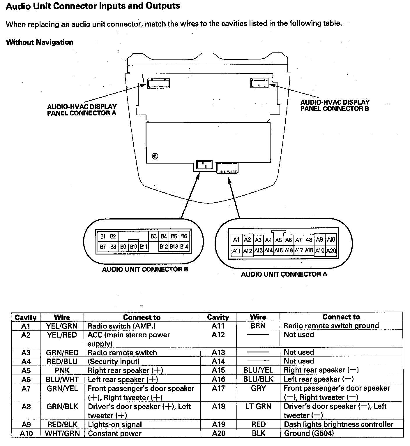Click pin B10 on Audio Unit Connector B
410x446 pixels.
pyautogui.click(x=133, y=247)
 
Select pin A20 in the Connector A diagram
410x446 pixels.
pyautogui.click(x=331, y=251)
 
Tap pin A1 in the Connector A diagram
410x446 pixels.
pyautogui.click(x=236, y=240)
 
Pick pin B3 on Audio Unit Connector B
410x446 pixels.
pyautogui.click(x=154, y=236)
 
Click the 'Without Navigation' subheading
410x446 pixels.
pyautogui.click(x=40, y=42)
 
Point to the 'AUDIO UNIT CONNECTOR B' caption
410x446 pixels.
pyautogui.click(x=145, y=269)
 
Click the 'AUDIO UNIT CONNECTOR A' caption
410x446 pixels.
pyautogui.click(x=284, y=274)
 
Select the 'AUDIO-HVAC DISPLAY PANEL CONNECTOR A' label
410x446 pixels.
pyautogui.click(x=82, y=110)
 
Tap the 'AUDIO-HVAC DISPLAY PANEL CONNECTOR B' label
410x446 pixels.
pyautogui.click(x=335, y=106)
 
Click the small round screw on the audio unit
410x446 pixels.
pyautogui.click(x=155, y=156)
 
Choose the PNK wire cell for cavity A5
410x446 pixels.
pyautogui.click(x=62, y=371)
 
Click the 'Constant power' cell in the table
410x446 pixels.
pyautogui.click(x=115, y=433)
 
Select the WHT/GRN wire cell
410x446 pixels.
pyautogui.click(x=62, y=433)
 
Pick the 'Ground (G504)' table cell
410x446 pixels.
pyautogui.click(x=309, y=433)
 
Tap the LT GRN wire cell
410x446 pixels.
pyautogui.click(x=258, y=406)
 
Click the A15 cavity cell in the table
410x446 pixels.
pyautogui.click(x=218, y=370)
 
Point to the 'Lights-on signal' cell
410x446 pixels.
pyautogui.click(x=115, y=424)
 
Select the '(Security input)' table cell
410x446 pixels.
pyautogui.click(x=114, y=361)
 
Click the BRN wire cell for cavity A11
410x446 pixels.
pyautogui.click(x=258, y=326)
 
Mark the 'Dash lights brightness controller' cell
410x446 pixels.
pyautogui.click(x=338, y=424)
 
